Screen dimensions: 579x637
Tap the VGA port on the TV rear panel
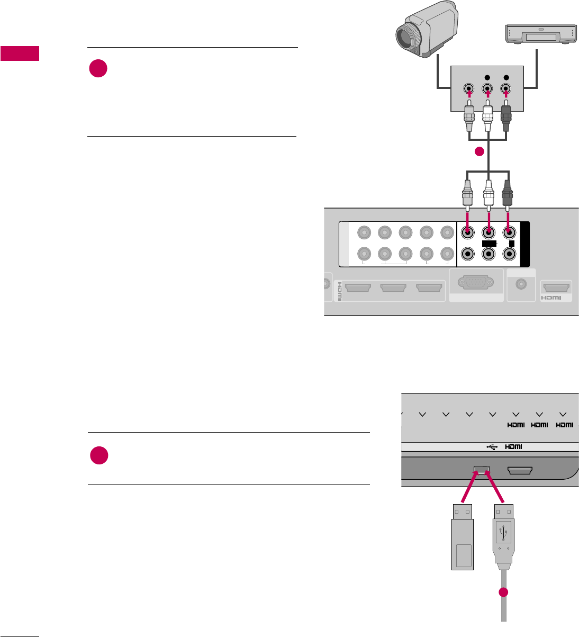point(476,284)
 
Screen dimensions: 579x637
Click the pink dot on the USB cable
point(503,593)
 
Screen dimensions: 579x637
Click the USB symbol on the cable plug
point(503,530)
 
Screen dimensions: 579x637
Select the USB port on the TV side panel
point(482,470)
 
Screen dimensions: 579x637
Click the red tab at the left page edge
point(20,53)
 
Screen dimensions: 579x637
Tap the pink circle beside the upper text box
point(98,68)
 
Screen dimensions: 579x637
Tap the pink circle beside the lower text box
point(98,455)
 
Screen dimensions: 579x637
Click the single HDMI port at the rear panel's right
point(556,289)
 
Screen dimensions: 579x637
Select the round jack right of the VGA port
point(521,285)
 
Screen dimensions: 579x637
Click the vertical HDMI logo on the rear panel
point(340,291)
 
